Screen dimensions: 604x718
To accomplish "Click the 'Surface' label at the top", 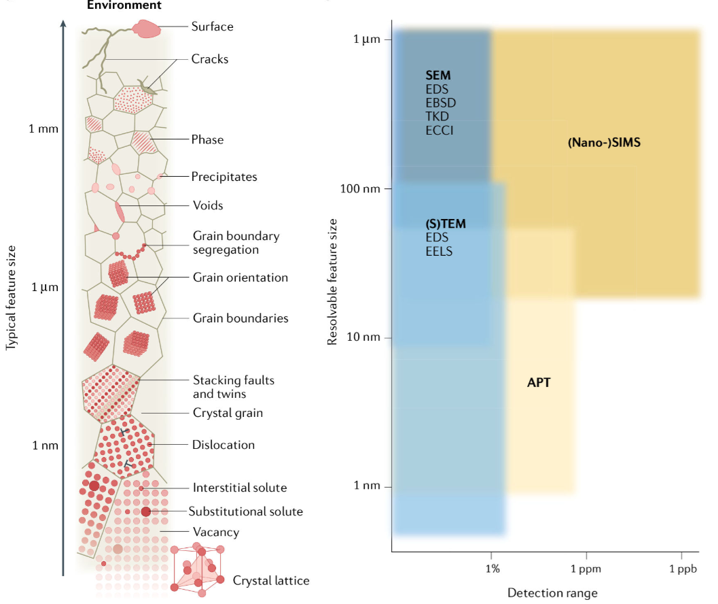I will (x=212, y=27).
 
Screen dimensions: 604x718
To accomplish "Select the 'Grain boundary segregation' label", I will (x=236, y=243).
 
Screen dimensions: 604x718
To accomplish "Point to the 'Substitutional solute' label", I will (x=245, y=511).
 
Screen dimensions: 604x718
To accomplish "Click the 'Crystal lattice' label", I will (x=270, y=580).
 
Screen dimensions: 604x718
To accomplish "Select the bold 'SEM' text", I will (x=438, y=75).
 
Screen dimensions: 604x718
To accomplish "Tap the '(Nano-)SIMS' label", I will (x=604, y=143).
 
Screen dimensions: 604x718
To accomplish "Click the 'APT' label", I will (x=539, y=383).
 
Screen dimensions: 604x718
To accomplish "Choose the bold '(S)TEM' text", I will (x=446, y=223).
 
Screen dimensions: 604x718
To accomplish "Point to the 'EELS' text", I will (x=439, y=251).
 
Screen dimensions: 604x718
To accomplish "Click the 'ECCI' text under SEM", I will (x=439, y=130).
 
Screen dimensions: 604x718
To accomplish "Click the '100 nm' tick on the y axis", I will (x=360, y=188).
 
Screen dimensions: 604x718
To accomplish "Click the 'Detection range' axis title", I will (x=552, y=592).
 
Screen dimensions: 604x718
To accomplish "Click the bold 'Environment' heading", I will (x=124, y=5).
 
